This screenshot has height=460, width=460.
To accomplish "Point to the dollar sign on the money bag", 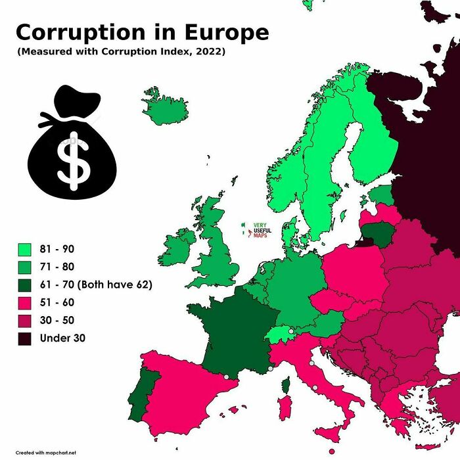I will pos(73,160).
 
